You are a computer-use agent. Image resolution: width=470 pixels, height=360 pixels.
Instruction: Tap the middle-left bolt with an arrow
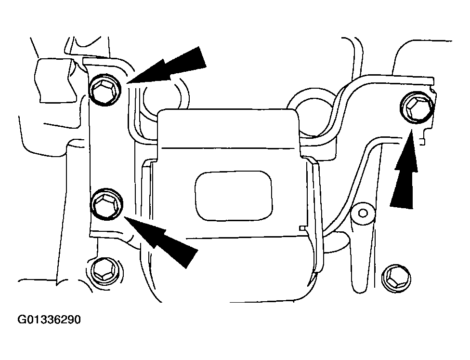(106, 203)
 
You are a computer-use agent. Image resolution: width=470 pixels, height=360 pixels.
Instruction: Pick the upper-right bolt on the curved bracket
(417, 107)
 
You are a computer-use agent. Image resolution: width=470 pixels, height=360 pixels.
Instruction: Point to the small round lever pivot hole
(363, 213)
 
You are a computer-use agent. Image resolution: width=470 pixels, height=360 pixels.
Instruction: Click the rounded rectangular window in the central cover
(234, 196)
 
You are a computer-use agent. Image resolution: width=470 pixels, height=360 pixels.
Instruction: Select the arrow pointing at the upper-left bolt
(168, 67)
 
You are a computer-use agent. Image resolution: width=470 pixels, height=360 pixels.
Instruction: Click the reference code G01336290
(49, 320)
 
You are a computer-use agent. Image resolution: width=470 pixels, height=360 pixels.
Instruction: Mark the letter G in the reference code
(22, 320)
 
